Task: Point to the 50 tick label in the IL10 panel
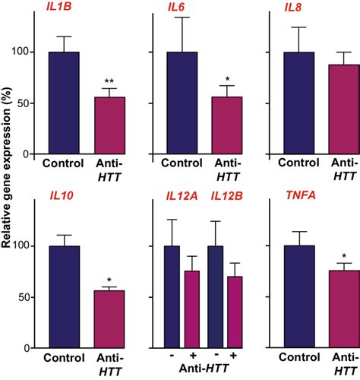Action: tap(29, 297)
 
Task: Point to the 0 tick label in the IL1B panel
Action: tap(31, 154)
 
